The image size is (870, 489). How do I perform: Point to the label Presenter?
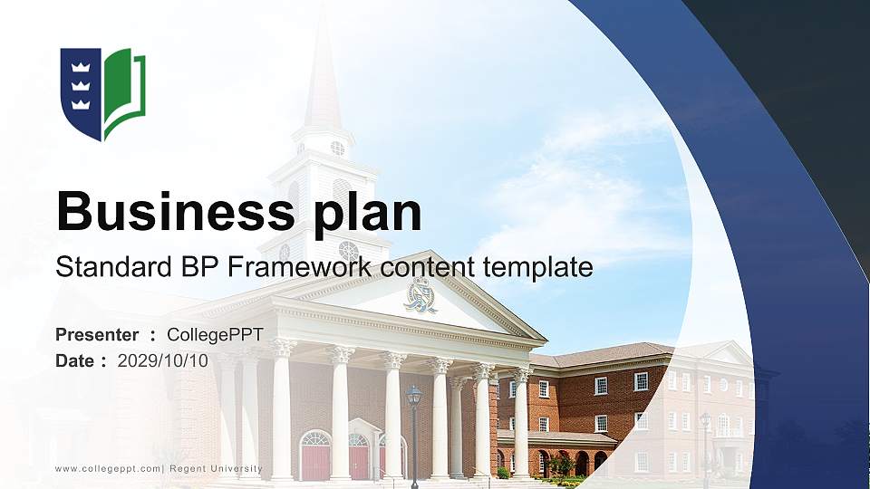click(97, 335)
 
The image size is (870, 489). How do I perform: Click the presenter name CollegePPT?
click(215, 335)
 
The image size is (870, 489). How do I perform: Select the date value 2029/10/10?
click(163, 360)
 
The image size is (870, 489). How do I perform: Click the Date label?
click(75, 360)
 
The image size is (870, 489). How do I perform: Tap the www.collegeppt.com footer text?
click(108, 468)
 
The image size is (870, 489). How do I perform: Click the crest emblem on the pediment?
click(419, 294)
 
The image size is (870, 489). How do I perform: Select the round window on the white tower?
click(337, 148)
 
